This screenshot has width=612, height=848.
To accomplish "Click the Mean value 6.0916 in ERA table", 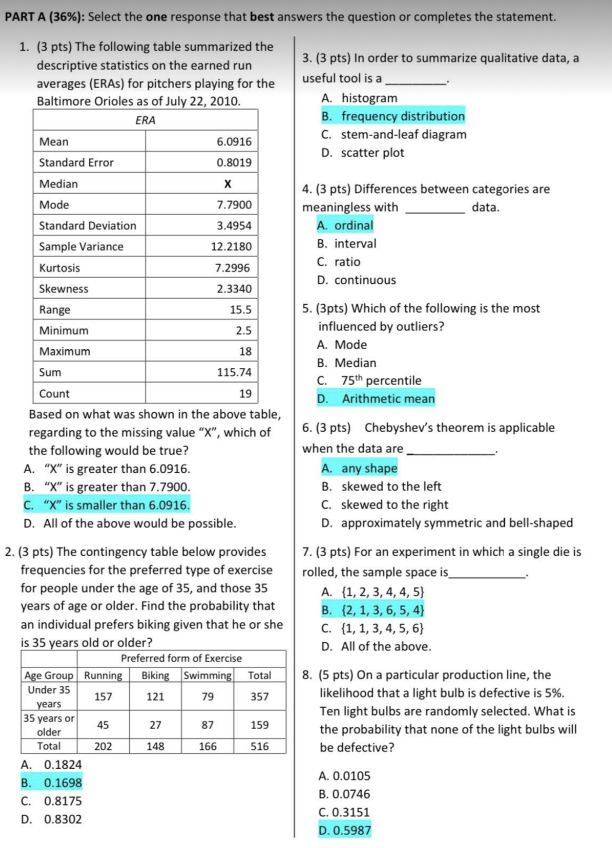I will [x=234, y=142].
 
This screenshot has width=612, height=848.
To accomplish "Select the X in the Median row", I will [x=227, y=184].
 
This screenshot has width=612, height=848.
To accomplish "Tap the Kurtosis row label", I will [x=59, y=268].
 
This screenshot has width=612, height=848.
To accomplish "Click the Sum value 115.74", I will [x=234, y=373].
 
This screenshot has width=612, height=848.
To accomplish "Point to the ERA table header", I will [x=145, y=121].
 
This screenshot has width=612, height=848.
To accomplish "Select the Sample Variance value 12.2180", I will [x=231, y=247].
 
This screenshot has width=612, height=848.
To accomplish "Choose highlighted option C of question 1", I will [x=107, y=505].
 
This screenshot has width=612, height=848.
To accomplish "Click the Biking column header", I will [x=155, y=675].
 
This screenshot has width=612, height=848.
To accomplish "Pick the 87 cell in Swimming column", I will [x=207, y=725].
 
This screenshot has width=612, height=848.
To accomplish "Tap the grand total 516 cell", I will [x=260, y=746].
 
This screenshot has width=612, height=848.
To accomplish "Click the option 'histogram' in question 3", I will [x=369, y=98].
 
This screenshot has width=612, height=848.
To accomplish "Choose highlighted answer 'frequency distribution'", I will [x=402, y=116].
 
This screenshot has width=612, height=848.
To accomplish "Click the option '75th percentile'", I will [x=381, y=380].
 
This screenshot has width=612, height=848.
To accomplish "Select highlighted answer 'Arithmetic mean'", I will [x=388, y=399].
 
